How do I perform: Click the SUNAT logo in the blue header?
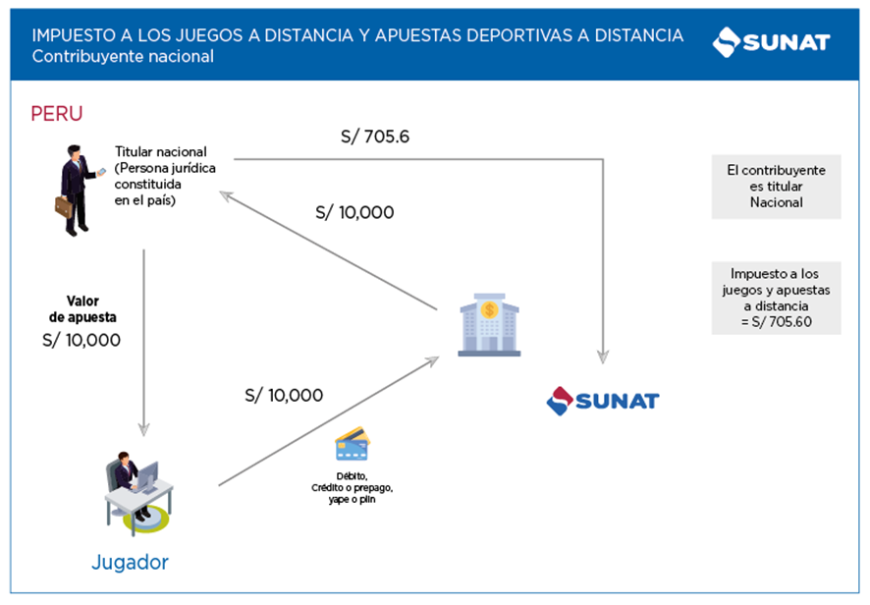[771, 42]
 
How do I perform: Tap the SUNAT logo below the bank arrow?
[602, 400]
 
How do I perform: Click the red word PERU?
[57, 113]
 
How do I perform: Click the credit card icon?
[352, 444]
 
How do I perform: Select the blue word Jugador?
[130, 563]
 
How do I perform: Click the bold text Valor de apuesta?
[84, 309]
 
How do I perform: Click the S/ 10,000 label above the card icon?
[284, 395]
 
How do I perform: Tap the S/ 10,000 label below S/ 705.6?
[354, 211]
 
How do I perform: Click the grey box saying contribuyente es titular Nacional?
[776, 187]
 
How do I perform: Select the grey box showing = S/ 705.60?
[776, 297]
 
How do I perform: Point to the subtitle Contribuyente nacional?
[123, 57]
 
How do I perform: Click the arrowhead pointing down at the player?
[144, 428]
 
